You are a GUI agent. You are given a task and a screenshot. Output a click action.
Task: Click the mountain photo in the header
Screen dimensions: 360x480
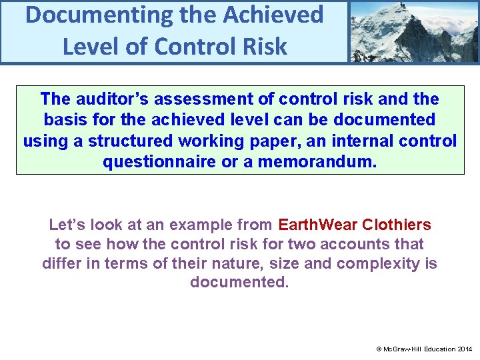click(413, 31)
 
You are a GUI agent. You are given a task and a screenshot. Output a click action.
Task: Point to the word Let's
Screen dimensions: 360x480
click(65, 225)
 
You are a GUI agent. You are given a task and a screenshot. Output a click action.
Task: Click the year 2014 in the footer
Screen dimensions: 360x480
click(464, 349)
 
